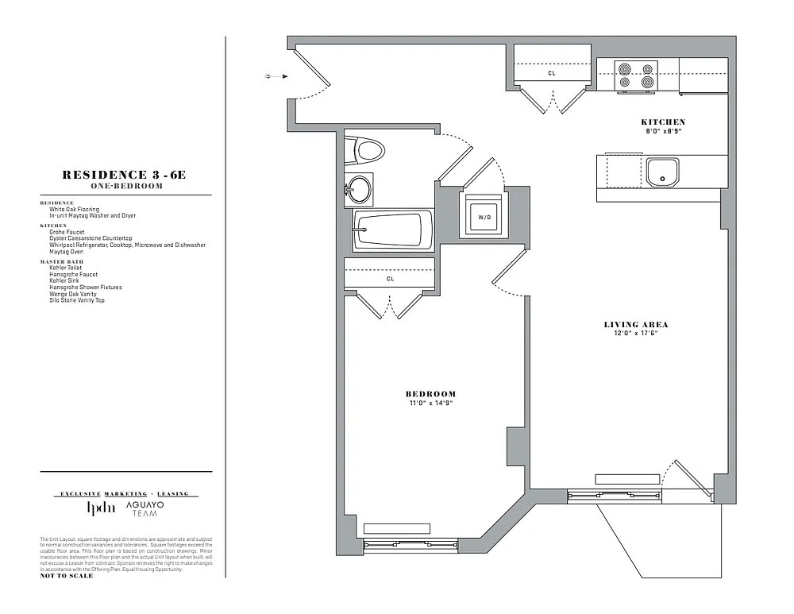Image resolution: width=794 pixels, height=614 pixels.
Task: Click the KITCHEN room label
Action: [x=663, y=122]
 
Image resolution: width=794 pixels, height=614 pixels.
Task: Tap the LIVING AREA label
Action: [x=635, y=324]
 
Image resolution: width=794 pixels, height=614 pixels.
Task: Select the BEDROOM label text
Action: [x=430, y=394]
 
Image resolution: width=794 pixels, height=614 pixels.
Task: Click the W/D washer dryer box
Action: [x=483, y=215]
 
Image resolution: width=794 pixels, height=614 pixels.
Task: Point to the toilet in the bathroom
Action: [x=366, y=149]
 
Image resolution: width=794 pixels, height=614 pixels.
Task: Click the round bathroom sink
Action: [x=359, y=190]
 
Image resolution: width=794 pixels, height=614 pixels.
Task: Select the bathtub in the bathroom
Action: [x=392, y=230]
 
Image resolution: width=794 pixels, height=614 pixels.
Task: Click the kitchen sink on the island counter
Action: [x=662, y=172]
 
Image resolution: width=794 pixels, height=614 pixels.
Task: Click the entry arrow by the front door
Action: [x=275, y=76]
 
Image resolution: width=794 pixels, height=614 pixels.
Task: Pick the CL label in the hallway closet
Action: [x=552, y=73]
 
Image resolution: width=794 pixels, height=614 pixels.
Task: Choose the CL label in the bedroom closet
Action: [x=390, y=279]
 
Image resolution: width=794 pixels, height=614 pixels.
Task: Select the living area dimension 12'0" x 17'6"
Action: [x=635, y=333]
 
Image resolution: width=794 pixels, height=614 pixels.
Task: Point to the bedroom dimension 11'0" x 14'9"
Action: [x=430, y=403]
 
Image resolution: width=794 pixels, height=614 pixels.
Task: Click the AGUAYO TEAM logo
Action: [x=145, y=509]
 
